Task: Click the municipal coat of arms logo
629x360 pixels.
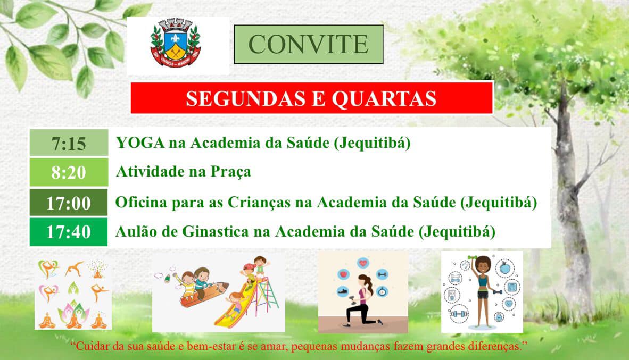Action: click(175, 44)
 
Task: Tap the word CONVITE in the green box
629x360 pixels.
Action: click(309, 44)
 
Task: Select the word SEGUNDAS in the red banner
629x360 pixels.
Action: click(245, 98)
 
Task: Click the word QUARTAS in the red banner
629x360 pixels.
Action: click(384, 99)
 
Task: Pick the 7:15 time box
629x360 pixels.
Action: click(69, 143)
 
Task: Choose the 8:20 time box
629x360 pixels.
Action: click(69, 172)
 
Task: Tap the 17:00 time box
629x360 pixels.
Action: click(69, 203)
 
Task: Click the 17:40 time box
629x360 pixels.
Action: click(69, 232)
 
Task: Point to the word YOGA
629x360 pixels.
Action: click(140, 143)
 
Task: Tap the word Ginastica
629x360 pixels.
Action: click(216, 231)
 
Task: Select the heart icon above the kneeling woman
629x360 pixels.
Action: click(363, 263)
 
